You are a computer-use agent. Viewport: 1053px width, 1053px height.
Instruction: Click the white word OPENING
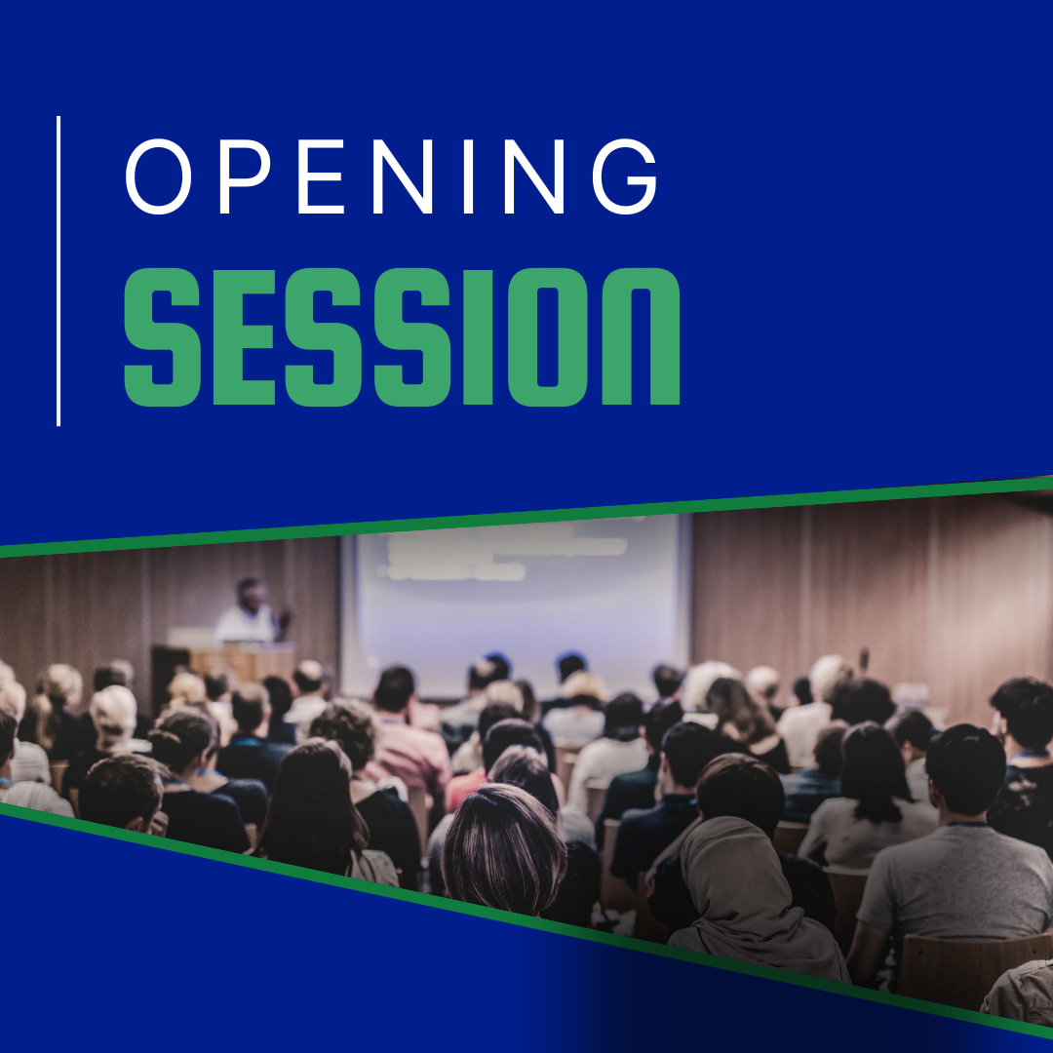[391, 176]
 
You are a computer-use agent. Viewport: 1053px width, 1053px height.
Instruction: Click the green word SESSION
[403, 337]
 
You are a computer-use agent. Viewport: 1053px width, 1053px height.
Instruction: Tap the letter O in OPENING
[159, 176]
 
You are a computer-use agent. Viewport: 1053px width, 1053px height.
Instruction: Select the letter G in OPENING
[625, 176]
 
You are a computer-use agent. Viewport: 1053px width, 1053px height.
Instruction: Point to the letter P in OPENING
[244, 176]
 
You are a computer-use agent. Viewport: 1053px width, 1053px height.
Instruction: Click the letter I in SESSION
[478, 337]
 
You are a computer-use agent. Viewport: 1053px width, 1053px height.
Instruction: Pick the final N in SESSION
[641, 337]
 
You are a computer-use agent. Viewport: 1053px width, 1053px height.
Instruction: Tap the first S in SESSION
[163, 337]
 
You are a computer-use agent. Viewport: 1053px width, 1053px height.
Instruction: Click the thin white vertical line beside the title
[58, 271]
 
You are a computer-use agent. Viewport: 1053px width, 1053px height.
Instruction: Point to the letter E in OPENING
[321, 176]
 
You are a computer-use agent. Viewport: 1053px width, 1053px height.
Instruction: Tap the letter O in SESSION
[547, 337]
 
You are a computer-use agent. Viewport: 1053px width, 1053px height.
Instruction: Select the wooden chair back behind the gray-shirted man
[974, 967]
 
